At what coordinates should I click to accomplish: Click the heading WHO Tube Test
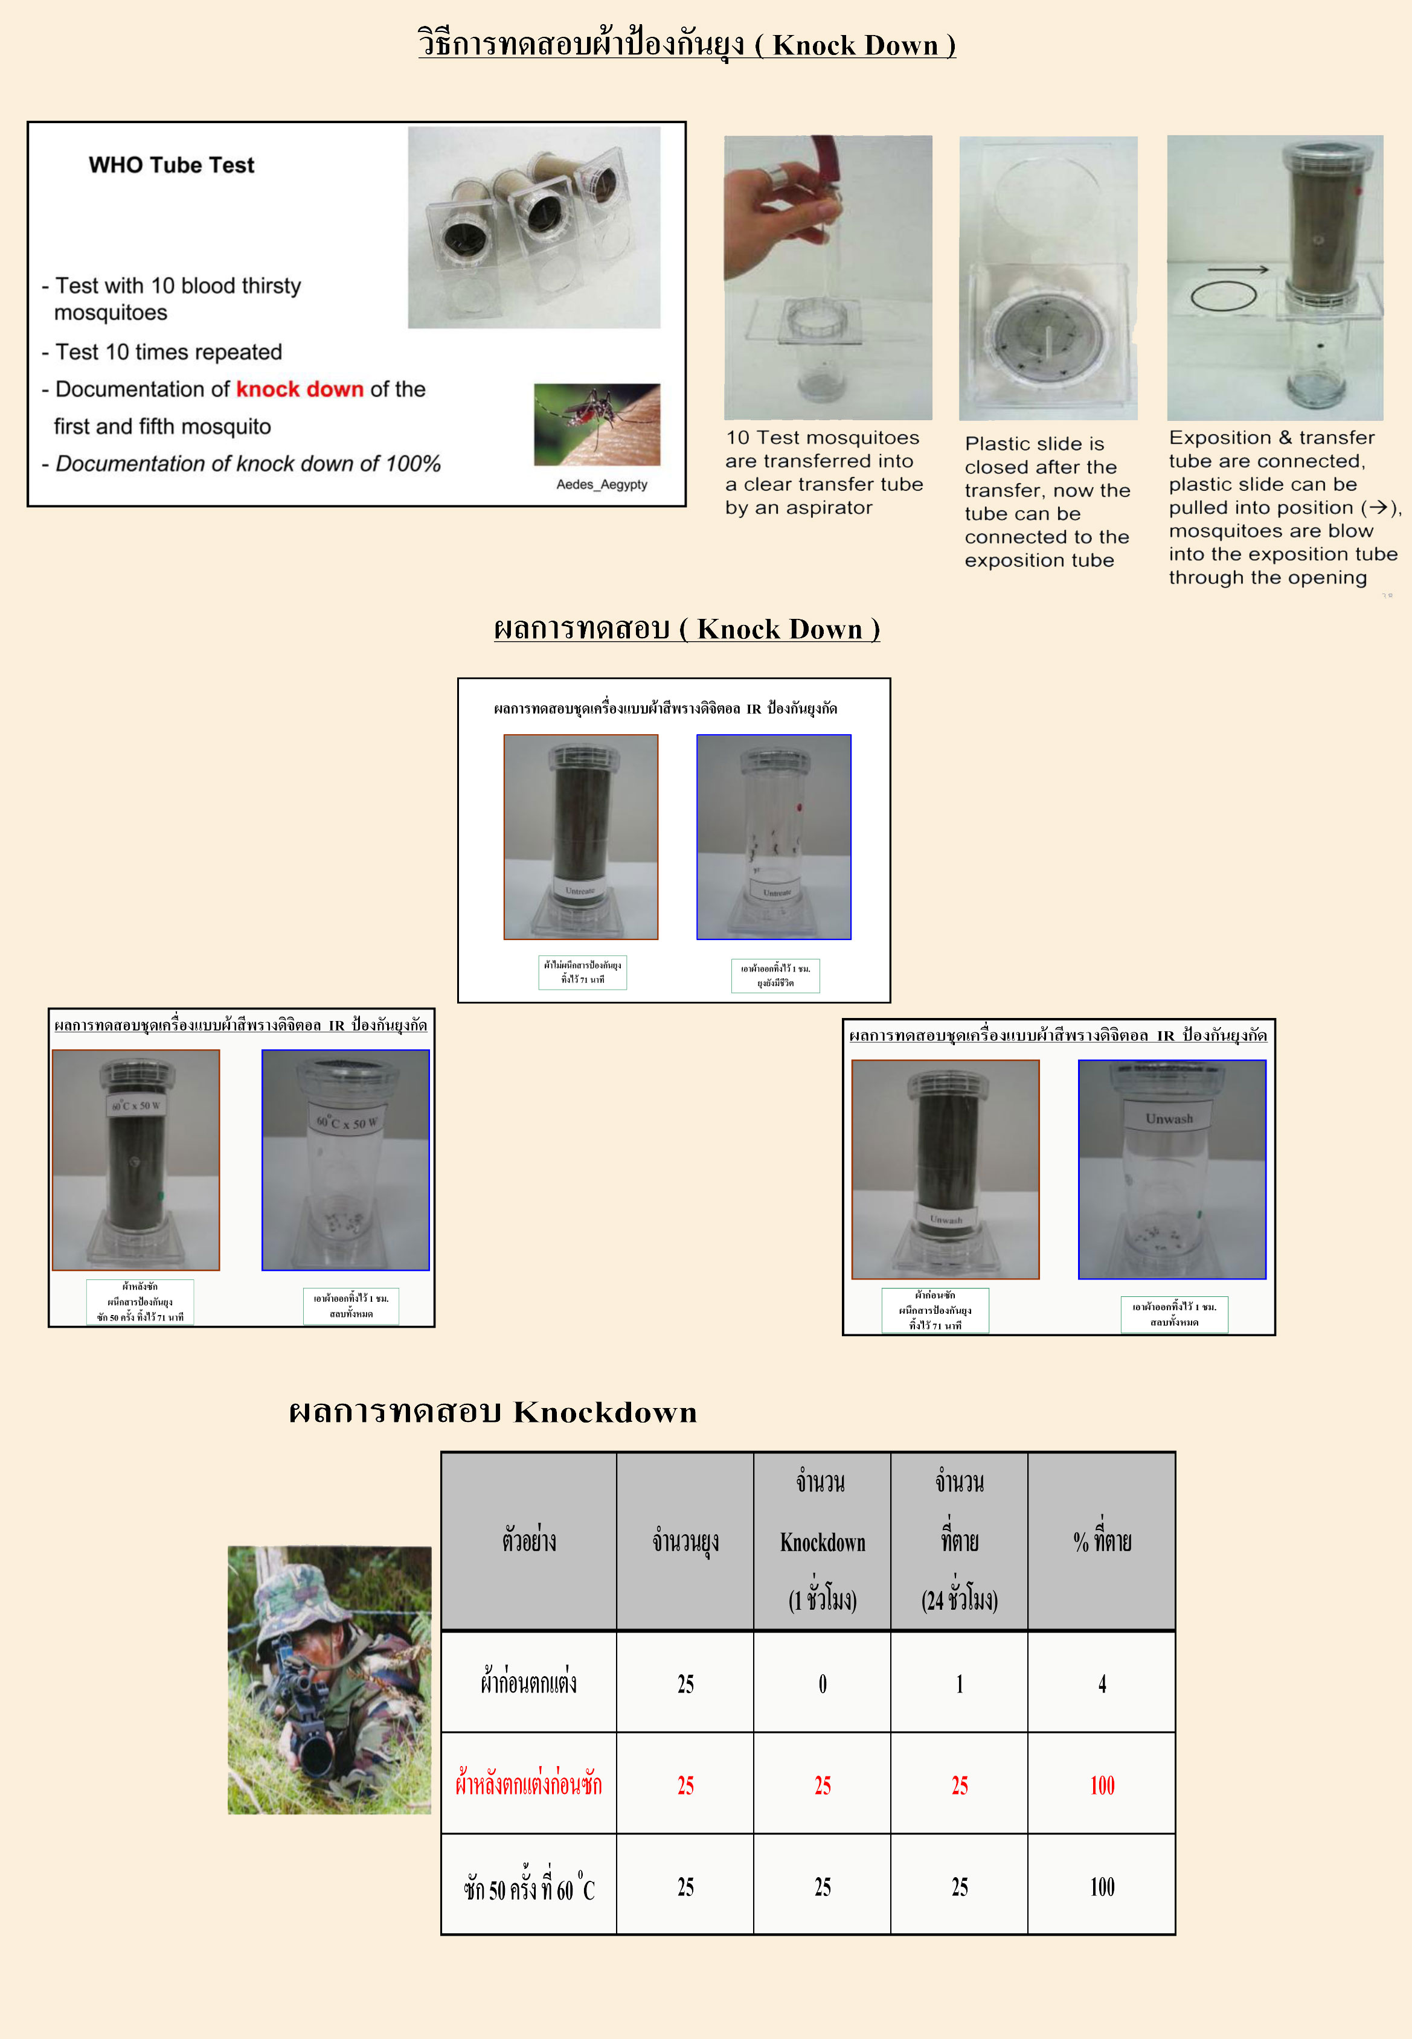(171, 165)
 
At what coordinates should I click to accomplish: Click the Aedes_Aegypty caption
(602, 485)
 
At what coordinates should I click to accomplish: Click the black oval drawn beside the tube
(1223, 296)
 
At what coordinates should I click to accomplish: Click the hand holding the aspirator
(778, 213)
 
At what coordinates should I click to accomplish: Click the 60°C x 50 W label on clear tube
(347, 1122)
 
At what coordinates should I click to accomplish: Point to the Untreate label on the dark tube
(580, 891)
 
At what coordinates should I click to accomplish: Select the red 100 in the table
(1102, 1786)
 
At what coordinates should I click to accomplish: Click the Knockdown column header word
(822, 1543)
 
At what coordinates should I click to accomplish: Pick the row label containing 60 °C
(529, 1887)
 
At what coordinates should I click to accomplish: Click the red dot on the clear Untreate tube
(799, 807)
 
